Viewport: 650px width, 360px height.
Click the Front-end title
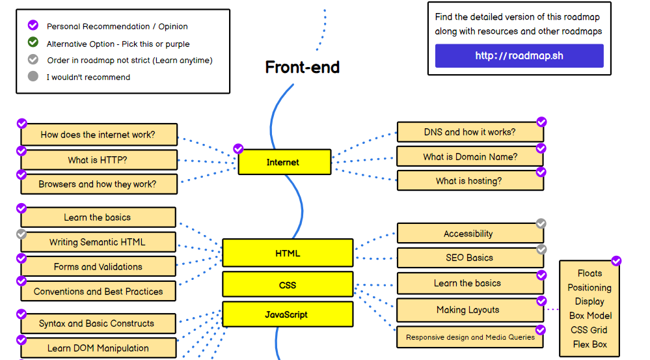click(303, 67)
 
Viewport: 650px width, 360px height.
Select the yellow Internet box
click(284, 162)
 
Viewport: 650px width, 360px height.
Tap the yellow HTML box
click(288, 253)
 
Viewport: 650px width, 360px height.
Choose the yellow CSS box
click(288, 284)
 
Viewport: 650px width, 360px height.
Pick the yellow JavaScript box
click(288, 314)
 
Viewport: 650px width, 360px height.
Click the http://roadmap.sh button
click(519, 56)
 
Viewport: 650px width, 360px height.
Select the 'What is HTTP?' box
click(98, 160)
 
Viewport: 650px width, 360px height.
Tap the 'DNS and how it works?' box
click(470, 132)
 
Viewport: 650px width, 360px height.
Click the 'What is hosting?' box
click(470, 181)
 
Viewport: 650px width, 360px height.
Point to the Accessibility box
click(468, 234)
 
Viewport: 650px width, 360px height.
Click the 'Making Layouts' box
click(468, 310)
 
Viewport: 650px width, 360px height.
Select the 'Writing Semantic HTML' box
click(98, 242)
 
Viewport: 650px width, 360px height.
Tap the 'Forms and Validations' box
click(98, 266)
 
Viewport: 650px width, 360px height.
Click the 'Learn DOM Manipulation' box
click(98, 348)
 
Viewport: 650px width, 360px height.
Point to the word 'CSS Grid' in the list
click(589, 330)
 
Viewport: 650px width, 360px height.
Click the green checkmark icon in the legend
click(33, 43)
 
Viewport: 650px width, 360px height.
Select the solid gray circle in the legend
click(33, 77)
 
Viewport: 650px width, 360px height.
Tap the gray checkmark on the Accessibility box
click(541, 224)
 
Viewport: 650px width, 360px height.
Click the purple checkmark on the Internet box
click(238, 149)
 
